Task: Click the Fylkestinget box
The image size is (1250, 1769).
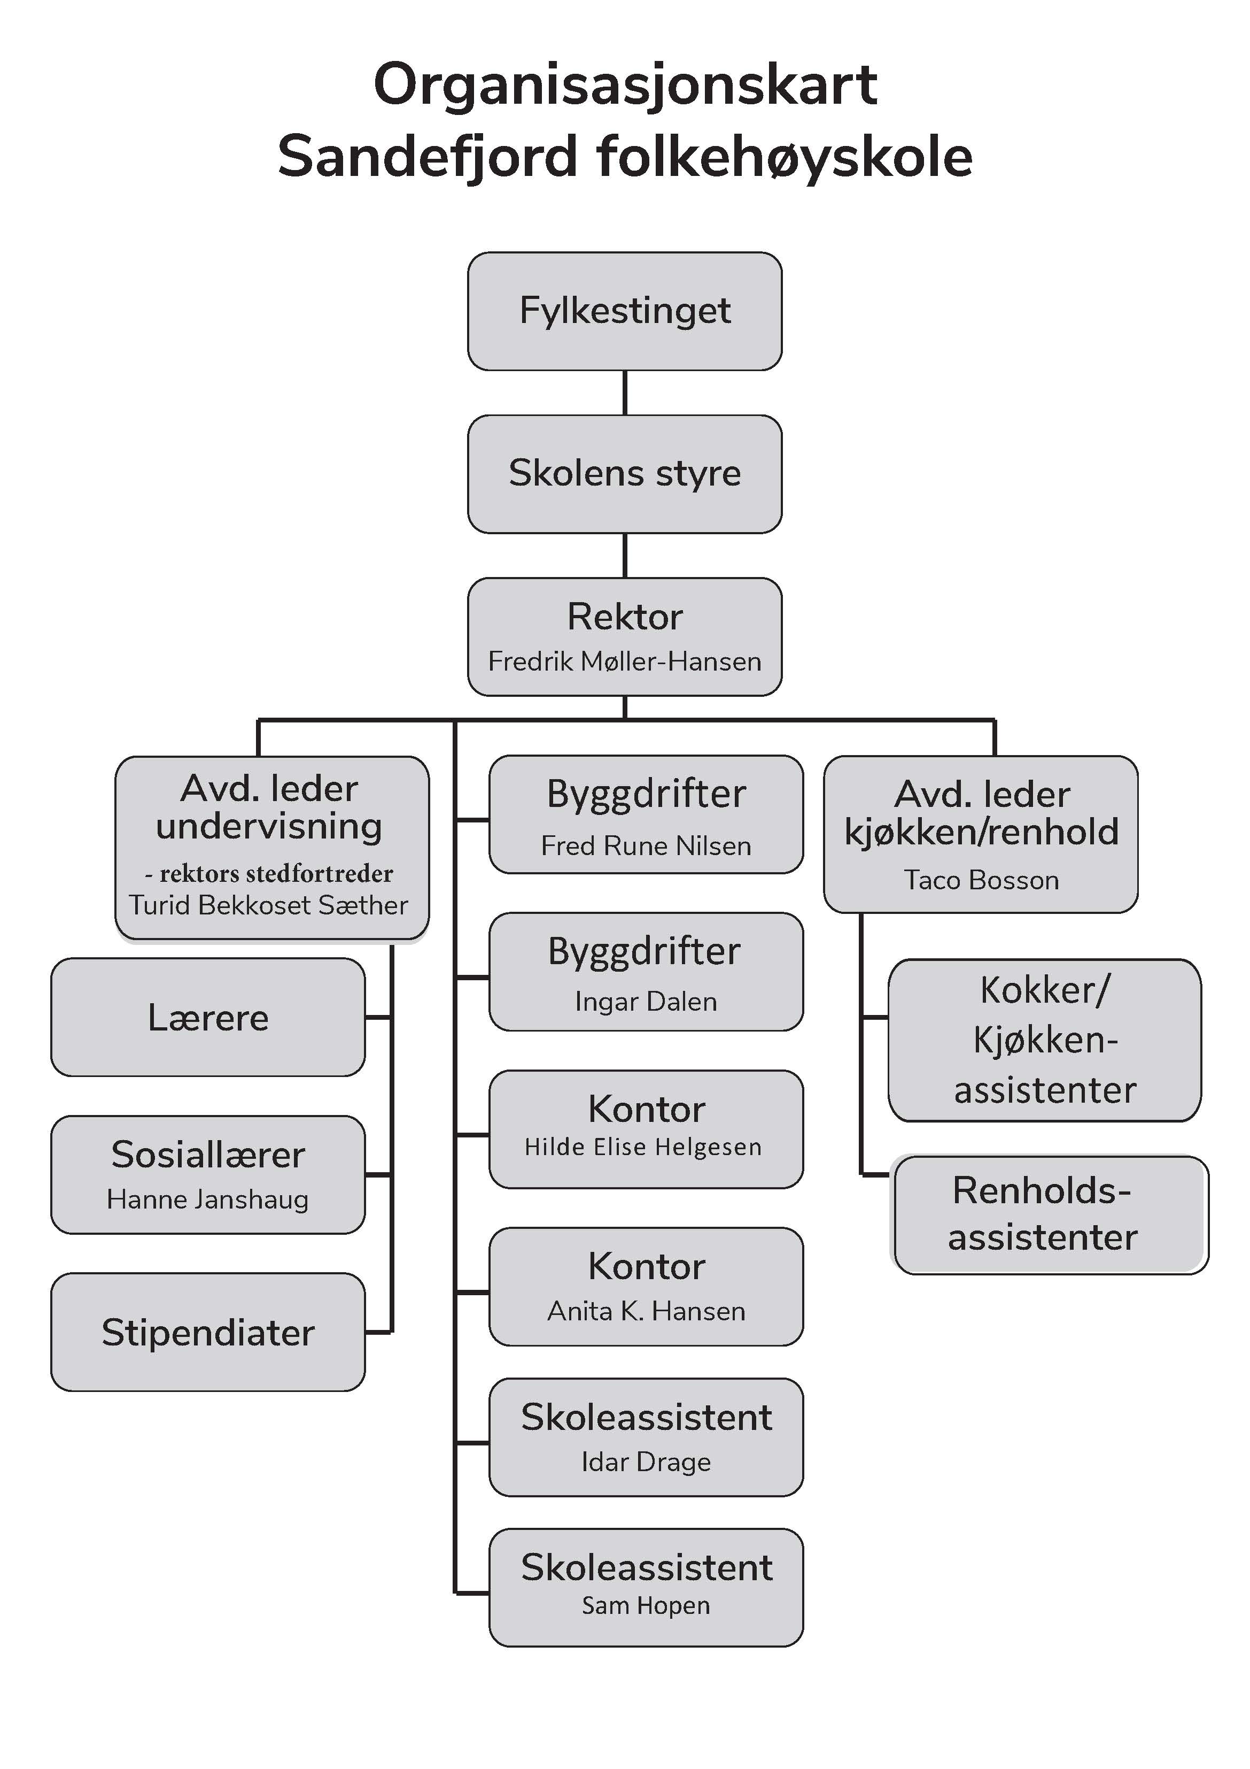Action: (625, 311)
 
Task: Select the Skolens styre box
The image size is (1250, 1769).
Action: (625, 474)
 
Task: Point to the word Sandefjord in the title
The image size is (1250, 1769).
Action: (428, 157)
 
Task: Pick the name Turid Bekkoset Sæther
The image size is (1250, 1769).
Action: (269, 904)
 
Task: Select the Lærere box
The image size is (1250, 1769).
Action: (208, 1017)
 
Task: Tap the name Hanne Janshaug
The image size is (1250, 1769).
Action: (207, 1199)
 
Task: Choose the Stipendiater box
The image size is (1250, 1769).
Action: (208, 1332)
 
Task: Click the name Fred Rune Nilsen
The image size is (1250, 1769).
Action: (646, 846)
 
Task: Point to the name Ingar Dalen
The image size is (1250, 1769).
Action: (646, 1002)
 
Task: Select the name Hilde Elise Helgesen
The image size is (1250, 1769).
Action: (642, 1147)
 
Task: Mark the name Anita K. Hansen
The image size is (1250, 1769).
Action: (646, 1311)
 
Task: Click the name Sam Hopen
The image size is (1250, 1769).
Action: (646, 1606)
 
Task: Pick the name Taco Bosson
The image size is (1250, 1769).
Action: (981, 880)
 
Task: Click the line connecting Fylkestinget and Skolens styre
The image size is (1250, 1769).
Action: (625, 393)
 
